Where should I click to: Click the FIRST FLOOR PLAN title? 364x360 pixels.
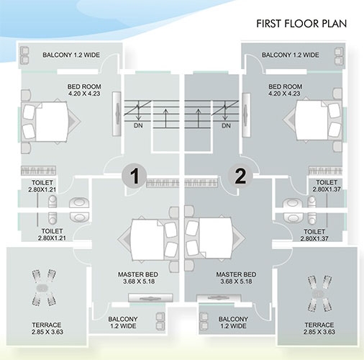pyautogui.click(x=301, y=24)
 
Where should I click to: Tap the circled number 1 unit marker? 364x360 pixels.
pyautogui.click(x=135, y=176)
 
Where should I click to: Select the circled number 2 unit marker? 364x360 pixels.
pyautogui.click(x=240, y=176)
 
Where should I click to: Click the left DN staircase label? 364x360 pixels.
pyautogui.click(x=138, y=125)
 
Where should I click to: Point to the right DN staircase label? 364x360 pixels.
pyautogui.click(x=226, y=125)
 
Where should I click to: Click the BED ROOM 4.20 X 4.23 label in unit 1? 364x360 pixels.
pyautogui.click(x=84, y=90)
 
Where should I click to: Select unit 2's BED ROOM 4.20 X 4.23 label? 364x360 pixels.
pyautogui.click(x=285, y=90)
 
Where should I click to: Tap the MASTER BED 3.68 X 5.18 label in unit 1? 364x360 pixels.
pyautogui.click(x=138, y=278)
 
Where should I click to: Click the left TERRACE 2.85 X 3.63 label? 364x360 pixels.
pyautogui.click(x=47, y=328)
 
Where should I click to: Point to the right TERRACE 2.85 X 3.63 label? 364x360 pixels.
pyautogui.click(x=319, y=328)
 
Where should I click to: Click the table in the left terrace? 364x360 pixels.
pyautogui.click(x=42, y=287)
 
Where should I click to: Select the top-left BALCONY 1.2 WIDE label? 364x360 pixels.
pyautogui.click(x=71, y=55)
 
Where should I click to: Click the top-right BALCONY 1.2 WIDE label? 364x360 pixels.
pyautogui.click(x=291, y=55)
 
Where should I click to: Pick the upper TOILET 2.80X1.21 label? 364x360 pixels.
pyautogui.click(x=42, y=186)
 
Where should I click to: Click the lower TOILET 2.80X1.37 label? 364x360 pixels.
pyautogui.click(x=314, y=235)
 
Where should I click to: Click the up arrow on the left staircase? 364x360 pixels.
pyautogui.click(x=165, y=118)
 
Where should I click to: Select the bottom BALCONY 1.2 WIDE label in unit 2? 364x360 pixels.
pyautogui.click(x=233, y=323)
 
